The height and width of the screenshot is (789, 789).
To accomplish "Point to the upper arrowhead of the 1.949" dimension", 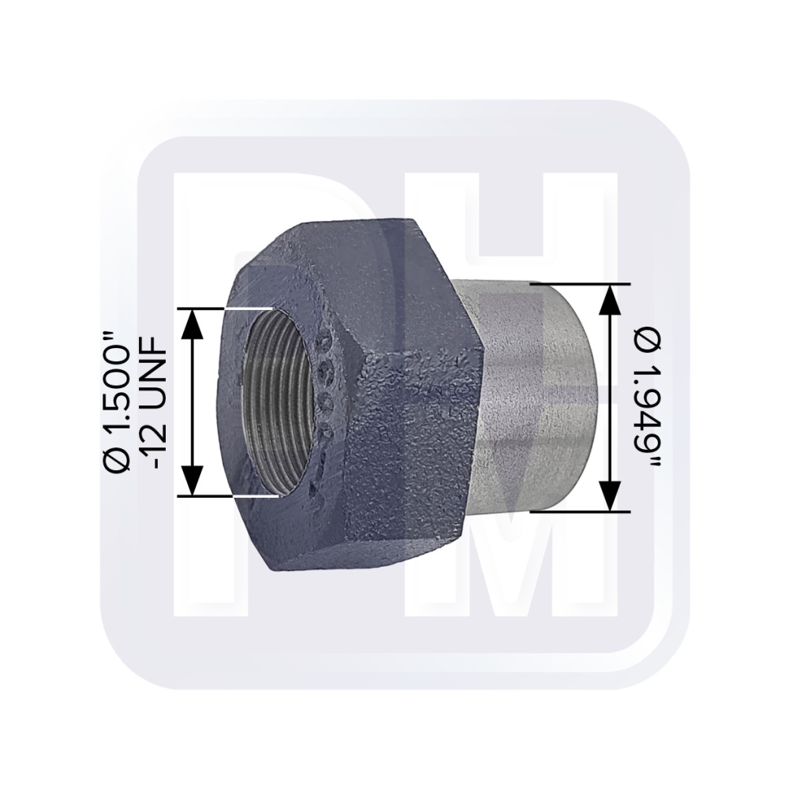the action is click(611, 299).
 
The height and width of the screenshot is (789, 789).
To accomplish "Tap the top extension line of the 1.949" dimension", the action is click(580, 284).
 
